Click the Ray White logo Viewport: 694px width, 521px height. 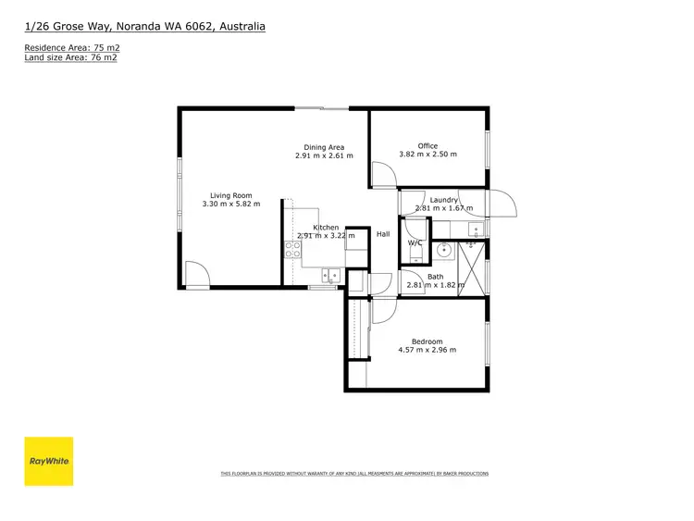tap(48, 461)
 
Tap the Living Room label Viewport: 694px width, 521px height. tap(230, 195)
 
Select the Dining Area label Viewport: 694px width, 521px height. tap(324, 147)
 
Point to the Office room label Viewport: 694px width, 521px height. tap(428, 146)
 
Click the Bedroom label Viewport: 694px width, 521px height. tap(428, 341)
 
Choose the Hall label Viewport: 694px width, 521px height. tap(383, 234)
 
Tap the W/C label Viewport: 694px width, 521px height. tap(415, 243)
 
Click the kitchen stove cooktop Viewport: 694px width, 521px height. tap(292, 248)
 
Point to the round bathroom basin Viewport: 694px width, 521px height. tap(443, 249)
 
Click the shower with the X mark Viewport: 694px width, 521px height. tap(473, 267)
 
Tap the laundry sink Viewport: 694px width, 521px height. tap(475, 229)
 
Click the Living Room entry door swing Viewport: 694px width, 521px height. tap(195, 274)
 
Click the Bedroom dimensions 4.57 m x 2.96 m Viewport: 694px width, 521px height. tap(428, 350)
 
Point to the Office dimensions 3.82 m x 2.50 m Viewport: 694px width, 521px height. tap(428, 155)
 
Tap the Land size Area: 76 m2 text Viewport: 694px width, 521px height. tap(70, 57)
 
